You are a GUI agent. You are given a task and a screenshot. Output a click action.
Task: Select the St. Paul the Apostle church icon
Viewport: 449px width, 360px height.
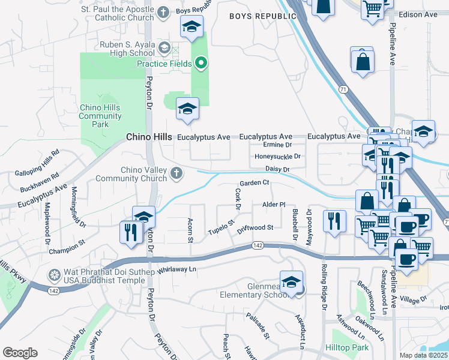click(163, 12)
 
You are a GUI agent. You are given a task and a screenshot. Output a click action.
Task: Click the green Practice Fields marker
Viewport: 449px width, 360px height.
click(202, 63)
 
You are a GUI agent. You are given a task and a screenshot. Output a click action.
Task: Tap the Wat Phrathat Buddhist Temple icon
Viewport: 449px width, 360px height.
click(55, 275)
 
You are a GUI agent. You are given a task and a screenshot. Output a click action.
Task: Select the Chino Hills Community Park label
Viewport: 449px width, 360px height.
click(100, 116)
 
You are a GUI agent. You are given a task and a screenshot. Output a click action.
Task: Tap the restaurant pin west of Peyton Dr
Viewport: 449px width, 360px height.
click(130, 231)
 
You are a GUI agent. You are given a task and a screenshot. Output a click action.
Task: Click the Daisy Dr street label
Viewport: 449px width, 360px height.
click(277, 170)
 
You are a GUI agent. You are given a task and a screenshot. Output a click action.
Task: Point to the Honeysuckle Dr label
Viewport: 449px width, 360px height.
click(277, 157)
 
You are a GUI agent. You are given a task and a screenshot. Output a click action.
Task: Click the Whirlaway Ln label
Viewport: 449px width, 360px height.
click(177, 270)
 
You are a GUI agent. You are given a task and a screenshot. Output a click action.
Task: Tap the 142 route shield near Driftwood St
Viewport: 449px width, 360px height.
click(258, 245)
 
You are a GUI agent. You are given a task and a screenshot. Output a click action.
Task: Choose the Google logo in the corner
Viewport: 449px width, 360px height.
click(20, 353)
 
